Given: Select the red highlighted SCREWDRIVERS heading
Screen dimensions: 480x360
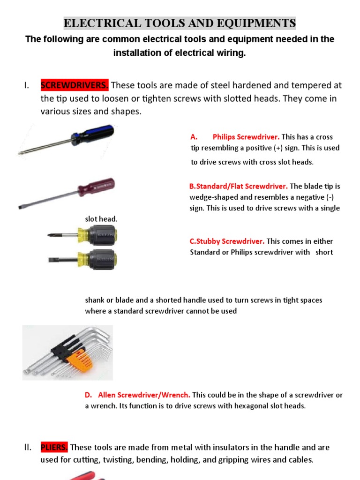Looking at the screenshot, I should tap(75, 85).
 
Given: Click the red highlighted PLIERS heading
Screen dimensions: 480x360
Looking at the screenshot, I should tap(54, 447).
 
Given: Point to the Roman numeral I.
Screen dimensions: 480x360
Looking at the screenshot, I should tap(26, 85).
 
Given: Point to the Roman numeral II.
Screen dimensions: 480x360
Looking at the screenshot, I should tap(27, 447).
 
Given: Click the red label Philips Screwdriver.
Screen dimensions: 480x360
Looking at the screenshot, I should tap(246, 137).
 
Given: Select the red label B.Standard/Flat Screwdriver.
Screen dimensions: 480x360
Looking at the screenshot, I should tap(239, 186).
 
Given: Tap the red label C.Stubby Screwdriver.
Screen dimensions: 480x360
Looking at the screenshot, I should tap(227, 241).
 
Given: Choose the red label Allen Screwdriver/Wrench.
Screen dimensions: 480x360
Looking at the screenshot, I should tap(143, 395).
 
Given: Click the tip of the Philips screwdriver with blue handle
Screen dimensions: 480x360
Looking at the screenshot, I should tap(22, 153).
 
